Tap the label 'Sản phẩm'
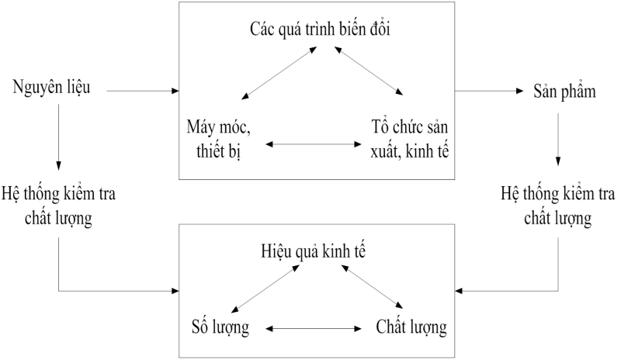coord(565,91)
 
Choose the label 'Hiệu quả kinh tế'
coord(314,253)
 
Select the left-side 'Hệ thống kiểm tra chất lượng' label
coord(59,206)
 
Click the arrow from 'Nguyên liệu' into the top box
coord(140,92)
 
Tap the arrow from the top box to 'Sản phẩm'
coord(485,92)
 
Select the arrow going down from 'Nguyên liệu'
coord(60,136)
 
